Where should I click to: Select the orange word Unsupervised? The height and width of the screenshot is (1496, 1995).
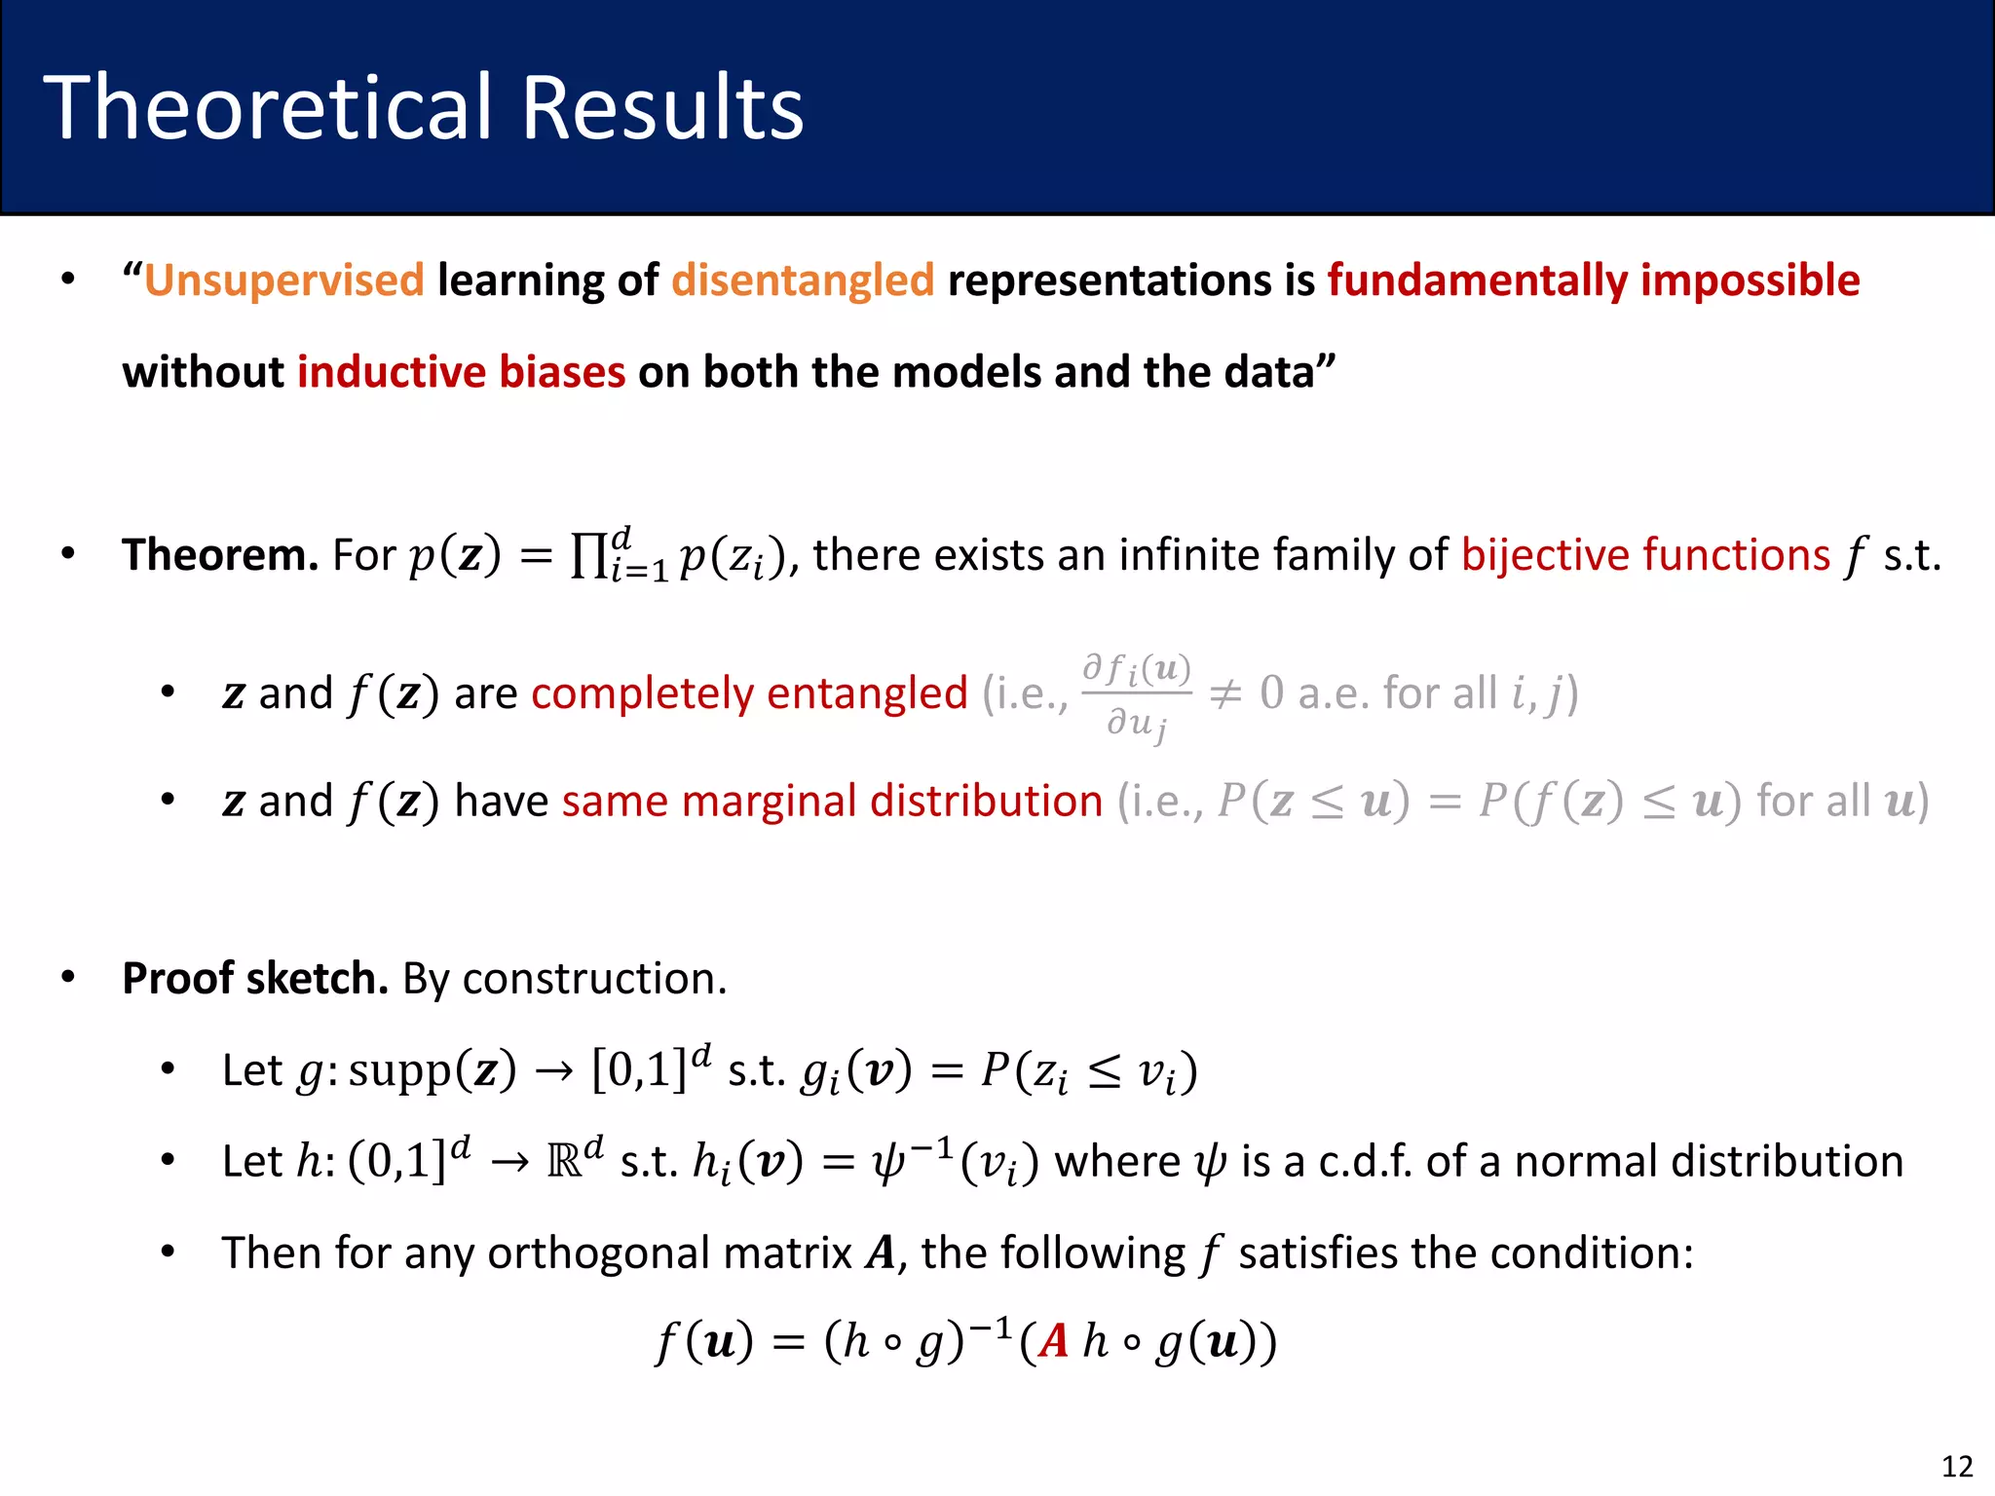[x=284, y=280]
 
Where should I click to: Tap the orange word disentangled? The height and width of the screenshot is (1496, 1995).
[x=803, y=280]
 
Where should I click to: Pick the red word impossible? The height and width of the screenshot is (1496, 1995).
[x=1750, y=280]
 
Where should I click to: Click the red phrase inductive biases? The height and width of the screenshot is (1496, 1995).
[x=461, y=372]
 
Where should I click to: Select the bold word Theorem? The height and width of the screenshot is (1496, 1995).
[x=219, y=555]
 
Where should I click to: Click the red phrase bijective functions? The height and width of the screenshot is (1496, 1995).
[x=1645, y=555]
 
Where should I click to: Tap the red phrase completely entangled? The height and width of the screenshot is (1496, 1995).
[x=749, y=693]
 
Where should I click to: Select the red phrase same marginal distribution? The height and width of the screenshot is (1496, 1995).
[x=832, y=801]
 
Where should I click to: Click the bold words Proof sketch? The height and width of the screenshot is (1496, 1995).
[x=255, y=978]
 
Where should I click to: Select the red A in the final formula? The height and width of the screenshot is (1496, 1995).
[x=1054, y=1342]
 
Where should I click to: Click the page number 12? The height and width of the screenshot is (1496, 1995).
[x=1957, y=1466]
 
